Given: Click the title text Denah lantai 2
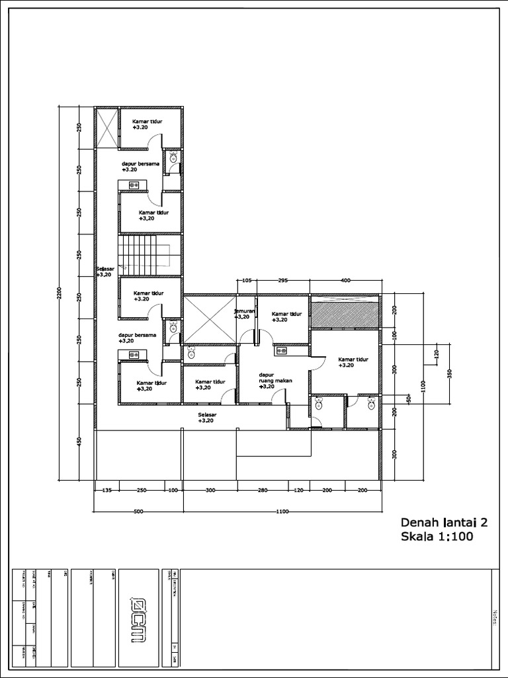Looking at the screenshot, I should click(444, 522).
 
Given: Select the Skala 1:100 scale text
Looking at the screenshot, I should click(437, 537).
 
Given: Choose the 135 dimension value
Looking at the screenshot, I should click(106, 491).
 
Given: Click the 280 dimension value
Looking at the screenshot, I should click(263, 491).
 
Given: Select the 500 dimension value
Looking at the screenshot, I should click(138, 512).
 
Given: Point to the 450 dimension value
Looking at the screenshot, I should click(79, 442).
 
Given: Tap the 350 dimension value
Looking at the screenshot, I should click(450, 374).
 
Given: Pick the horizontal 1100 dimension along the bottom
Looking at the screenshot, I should click(282, 512).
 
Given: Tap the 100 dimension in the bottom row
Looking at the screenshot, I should click(173, 491).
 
